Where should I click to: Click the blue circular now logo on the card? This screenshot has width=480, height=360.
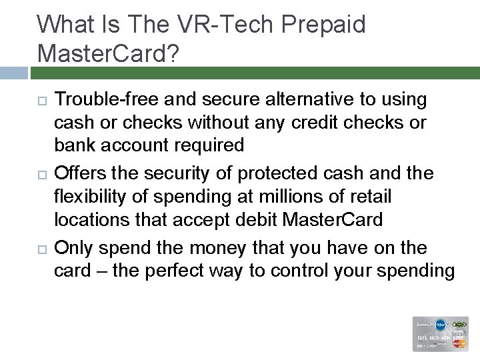coord(442,325)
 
